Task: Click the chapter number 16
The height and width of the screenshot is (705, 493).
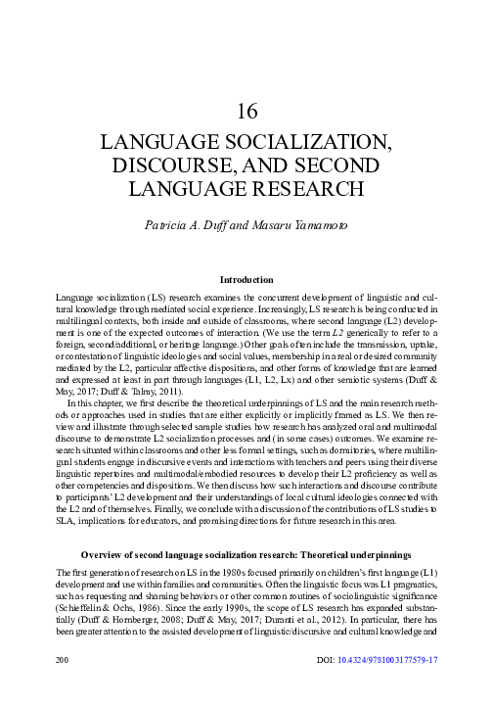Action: (246, 111)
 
